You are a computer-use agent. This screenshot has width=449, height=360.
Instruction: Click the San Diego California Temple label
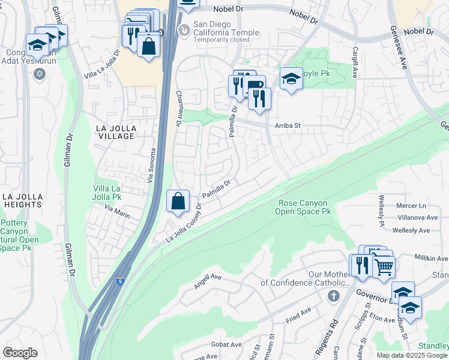[226, 33]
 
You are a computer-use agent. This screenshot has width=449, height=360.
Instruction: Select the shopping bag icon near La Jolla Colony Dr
[178, 202]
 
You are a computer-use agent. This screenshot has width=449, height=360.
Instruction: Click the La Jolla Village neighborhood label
[116, 132]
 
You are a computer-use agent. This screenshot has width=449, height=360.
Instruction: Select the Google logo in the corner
[19, 353]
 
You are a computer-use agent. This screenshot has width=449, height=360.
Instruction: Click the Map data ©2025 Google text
[411, 355]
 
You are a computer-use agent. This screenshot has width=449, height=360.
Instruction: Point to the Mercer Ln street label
[411, 205]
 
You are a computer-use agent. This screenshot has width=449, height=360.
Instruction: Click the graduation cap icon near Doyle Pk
[291, 79]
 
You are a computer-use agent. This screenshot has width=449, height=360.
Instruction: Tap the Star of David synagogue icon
[40, 74]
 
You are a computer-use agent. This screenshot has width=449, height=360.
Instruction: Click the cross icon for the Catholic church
[335, 295]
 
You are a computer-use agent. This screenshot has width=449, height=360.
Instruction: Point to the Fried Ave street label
[298, 313]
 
